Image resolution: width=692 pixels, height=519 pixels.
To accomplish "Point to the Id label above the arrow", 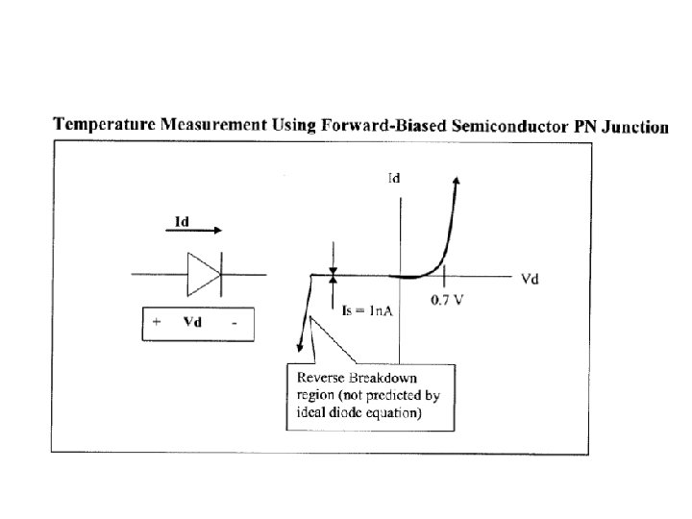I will tap(180, 221).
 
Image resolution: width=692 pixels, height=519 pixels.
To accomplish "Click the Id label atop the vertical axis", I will tap(393, 178).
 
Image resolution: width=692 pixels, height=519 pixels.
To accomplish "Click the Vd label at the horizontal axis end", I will tap(529, 280).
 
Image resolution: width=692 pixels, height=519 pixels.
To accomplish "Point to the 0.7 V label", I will tap(448, 299).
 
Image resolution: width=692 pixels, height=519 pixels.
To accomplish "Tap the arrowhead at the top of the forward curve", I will tap(456, 182).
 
